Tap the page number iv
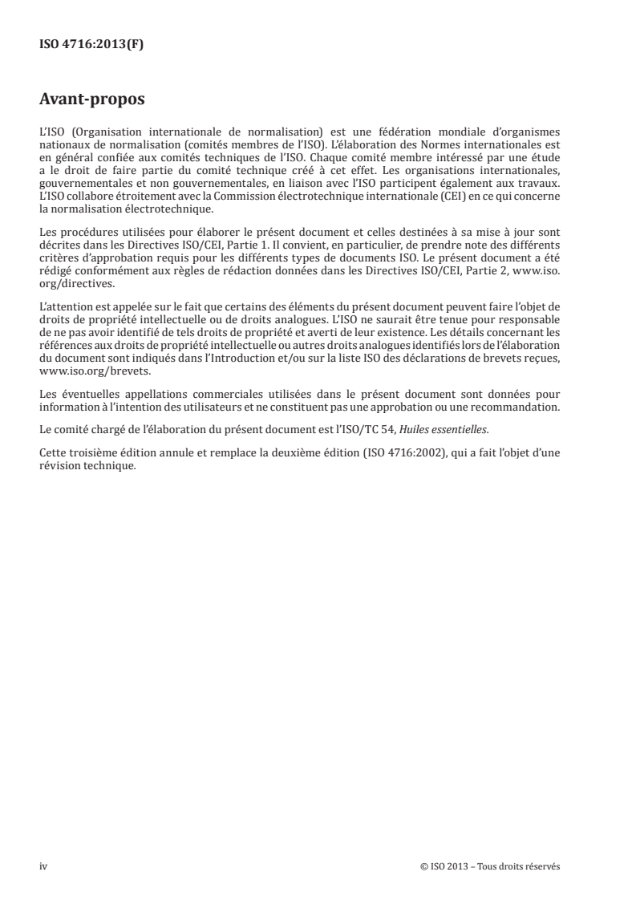[43, 866]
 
